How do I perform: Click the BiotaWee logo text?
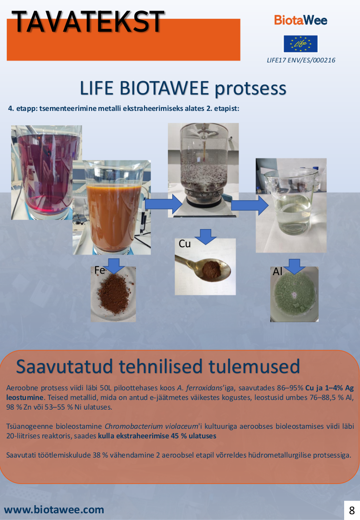300,20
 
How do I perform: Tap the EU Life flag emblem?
300,44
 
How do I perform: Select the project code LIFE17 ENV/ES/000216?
301,60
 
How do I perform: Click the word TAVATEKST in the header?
88,22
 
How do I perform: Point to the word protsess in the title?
250,88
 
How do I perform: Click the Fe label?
99,270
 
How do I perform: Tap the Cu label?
185,244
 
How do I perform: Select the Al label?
277,272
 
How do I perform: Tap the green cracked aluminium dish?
294,294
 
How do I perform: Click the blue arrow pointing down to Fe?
114,266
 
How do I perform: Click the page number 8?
352,510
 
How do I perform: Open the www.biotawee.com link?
54,509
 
